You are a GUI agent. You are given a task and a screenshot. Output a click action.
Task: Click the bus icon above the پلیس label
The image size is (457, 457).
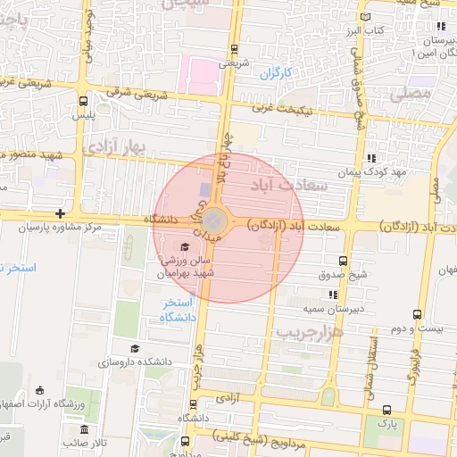coord(83,101)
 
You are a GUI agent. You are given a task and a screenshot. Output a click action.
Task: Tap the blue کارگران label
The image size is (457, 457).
coord(276,76)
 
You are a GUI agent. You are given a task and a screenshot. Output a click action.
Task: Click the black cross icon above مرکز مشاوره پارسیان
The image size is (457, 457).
coord(59,214)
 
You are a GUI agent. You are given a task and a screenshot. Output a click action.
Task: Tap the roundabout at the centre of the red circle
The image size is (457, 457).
coord(214,220)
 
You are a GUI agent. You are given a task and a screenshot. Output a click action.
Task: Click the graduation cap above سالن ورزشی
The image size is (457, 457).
coord(185,247)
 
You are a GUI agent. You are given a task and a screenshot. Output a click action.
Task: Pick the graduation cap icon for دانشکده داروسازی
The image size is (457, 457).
coord(134,349)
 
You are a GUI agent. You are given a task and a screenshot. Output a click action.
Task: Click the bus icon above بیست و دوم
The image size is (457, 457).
coord(417,314)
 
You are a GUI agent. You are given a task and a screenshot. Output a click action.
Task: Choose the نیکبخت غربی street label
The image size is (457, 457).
coord(283,109)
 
